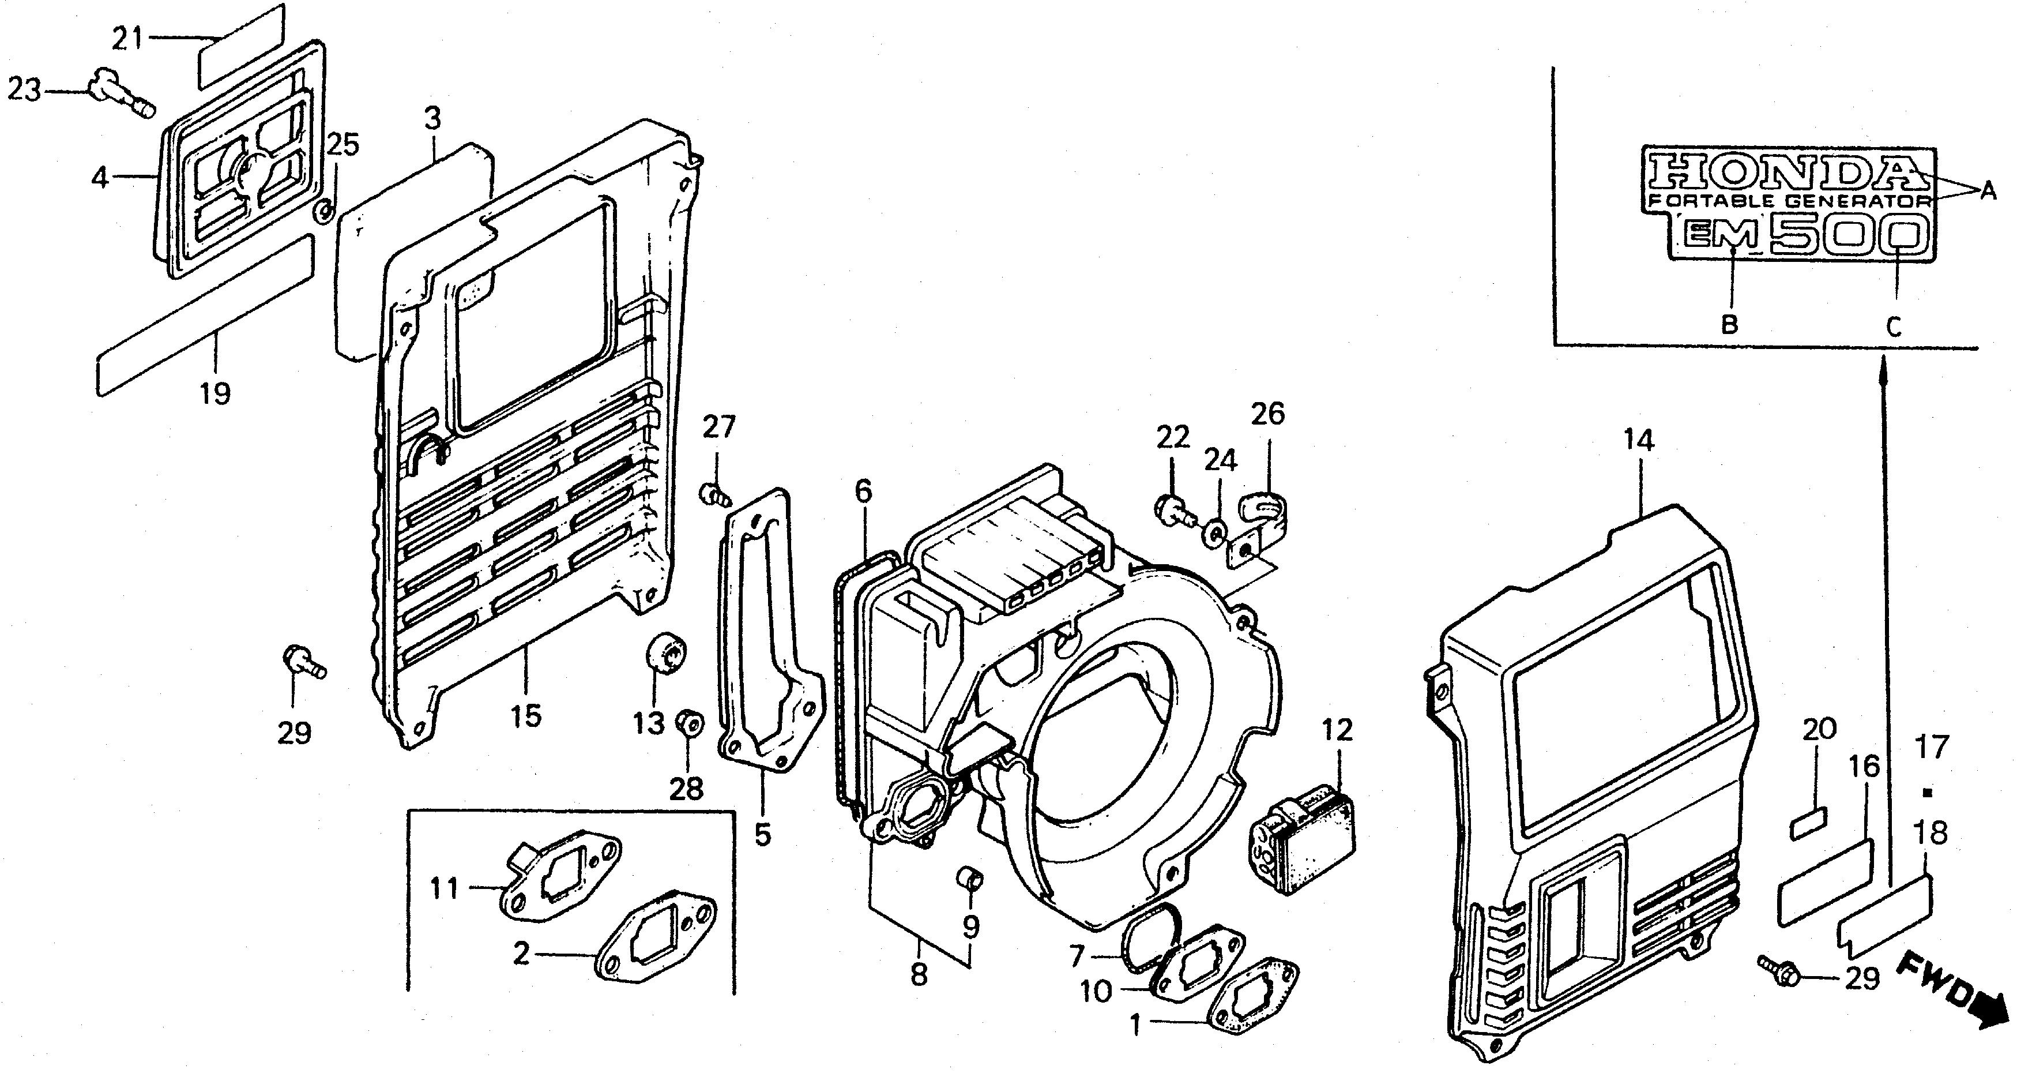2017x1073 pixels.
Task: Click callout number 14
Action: click(x=1639, y=441)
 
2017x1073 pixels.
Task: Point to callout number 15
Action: click(x=526, y=715)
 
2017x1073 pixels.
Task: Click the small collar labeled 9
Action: click(x=969, y=878)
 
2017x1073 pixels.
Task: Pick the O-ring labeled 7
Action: click(x=1152, y=936)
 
